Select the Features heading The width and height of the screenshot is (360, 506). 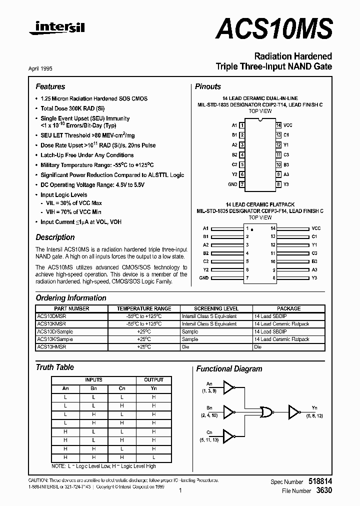pos(50,86)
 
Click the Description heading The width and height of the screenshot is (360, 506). pos(55,237)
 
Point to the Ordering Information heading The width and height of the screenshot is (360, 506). pos(70,298)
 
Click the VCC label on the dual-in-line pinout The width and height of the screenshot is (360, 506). pos(287,125)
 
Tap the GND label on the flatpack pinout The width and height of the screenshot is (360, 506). pos(204,277)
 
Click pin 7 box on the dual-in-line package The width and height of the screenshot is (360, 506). pos(242,184)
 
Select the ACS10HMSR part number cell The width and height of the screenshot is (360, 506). pos(52,346)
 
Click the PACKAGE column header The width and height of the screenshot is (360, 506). pos(289,308)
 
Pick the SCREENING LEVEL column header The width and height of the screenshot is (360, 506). pos(216,308)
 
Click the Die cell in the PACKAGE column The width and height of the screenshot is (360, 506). pos(258,346)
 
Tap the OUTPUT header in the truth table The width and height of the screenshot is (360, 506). pos(153,380)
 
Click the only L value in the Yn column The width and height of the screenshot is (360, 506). pos(154,457)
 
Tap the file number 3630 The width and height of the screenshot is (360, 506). pos(323,491)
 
